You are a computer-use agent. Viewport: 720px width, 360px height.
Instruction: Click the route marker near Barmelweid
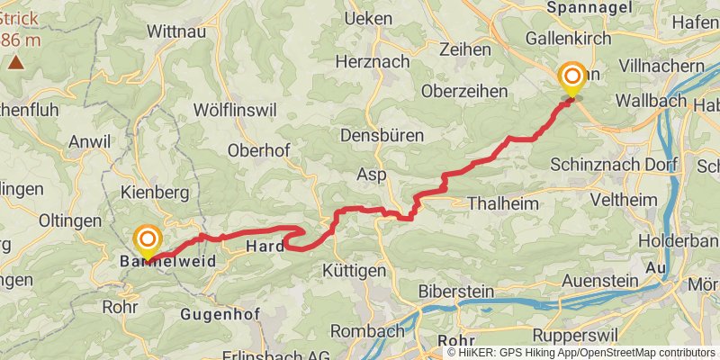147,240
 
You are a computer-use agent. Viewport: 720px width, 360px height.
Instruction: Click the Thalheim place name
503,203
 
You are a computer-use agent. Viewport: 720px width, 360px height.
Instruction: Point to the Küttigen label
355,270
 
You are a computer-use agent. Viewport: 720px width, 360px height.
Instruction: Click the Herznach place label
372,62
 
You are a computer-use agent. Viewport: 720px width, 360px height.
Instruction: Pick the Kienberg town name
155,193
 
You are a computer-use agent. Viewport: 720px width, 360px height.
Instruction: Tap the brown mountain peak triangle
16,62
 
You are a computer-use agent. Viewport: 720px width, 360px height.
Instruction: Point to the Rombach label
367,330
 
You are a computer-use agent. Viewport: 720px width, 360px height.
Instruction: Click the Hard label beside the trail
265,246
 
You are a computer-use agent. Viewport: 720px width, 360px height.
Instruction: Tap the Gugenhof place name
220,314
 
